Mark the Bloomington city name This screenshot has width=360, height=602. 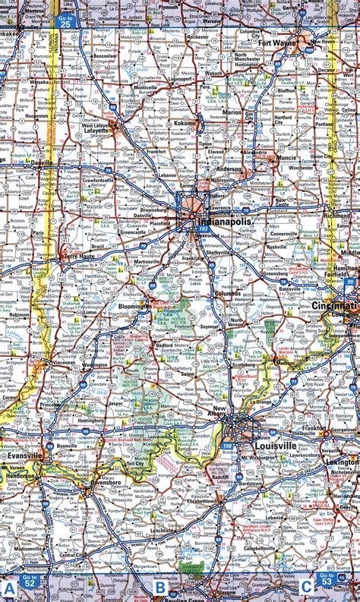pos(134,307)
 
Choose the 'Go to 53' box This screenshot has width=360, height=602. pos(327,581)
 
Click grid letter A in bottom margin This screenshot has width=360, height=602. pos(9,588)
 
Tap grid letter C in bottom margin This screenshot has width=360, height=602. pos(305,586)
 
